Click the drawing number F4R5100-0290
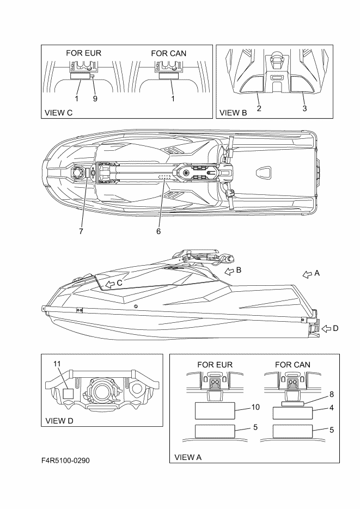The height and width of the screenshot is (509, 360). click(65, 461)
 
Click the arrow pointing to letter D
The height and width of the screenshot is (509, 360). click(326, 328)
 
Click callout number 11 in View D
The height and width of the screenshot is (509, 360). click(57, 363)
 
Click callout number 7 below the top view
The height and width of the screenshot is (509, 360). click(81, 231)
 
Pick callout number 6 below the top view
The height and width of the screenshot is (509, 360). click(158, 231)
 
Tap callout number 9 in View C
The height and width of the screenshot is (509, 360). click(95, 99)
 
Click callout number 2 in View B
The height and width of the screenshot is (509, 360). click(259, 108)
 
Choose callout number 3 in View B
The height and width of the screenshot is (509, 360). click(304, 108)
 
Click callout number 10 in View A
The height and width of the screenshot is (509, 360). click(255, 407)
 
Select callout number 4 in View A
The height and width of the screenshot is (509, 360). click(332, 407)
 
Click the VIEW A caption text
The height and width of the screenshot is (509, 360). click(187, 457)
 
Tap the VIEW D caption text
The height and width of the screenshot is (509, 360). click(60, 420)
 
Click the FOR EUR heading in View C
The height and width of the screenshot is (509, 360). click(84, 53)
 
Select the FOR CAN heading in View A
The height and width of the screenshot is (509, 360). click(293, 364)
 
